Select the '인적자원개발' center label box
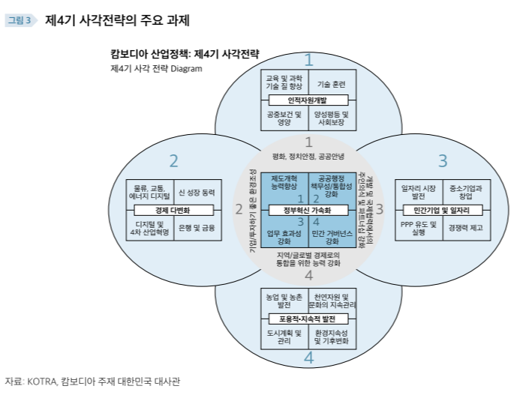click(x=308, y=100)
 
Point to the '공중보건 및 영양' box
click(x=284, y=118)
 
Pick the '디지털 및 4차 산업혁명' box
click(x=149, y=227)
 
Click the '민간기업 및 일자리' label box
click(x=441, y=210)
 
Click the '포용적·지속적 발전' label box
click(x=308, y=319)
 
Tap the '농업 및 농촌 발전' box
click(x=284, y=301)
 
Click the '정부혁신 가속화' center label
click(x=308, y=210)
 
